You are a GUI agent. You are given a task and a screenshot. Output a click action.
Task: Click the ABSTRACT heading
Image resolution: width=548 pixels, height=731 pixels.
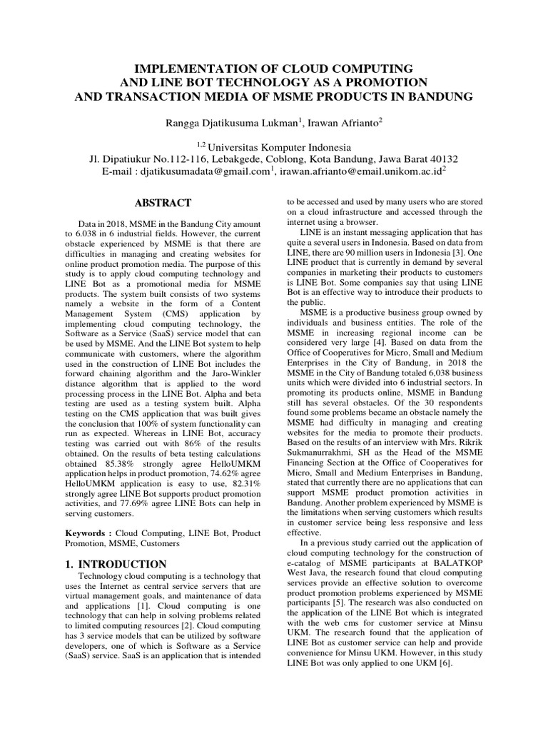[x=163, y=203]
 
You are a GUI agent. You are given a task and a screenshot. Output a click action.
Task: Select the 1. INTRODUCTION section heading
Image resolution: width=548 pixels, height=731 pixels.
[x=116, y=564]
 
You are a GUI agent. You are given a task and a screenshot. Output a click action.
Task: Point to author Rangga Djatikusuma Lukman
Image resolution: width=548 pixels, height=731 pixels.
[x=232, y=123]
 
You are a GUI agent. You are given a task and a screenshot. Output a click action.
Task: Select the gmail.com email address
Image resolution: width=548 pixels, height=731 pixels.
[x=206, y=171]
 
